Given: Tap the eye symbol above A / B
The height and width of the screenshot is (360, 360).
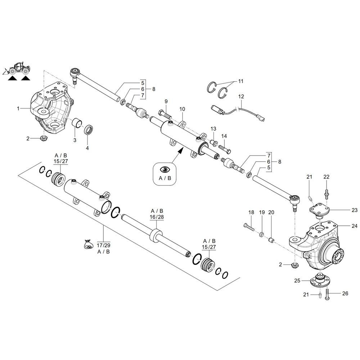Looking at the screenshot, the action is [165, 170].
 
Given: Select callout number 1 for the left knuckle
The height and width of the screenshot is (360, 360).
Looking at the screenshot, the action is [18, 108].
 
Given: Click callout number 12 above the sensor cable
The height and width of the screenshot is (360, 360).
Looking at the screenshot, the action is [241, 96].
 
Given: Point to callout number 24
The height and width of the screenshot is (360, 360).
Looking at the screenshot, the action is [355, 226].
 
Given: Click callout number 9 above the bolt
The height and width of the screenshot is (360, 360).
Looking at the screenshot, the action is [166, 101].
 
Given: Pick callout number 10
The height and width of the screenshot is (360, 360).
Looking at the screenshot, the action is [182, 109].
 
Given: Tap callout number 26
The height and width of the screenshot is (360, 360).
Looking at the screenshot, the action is [345, 293].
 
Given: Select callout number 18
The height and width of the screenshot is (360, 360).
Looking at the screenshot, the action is [251, 212].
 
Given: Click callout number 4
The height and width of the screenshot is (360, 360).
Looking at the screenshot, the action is [87, 148].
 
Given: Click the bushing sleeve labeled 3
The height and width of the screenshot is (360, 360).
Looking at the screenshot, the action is [77, 123].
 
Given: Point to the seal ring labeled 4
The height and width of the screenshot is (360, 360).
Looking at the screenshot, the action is [89, 130].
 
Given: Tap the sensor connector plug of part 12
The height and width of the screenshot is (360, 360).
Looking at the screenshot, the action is [217, 109].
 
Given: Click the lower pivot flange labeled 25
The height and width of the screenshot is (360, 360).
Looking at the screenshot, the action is [319, 280].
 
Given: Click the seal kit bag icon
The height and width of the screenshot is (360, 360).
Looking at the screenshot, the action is [88, 244].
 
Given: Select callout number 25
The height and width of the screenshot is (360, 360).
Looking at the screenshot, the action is [297, 280].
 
